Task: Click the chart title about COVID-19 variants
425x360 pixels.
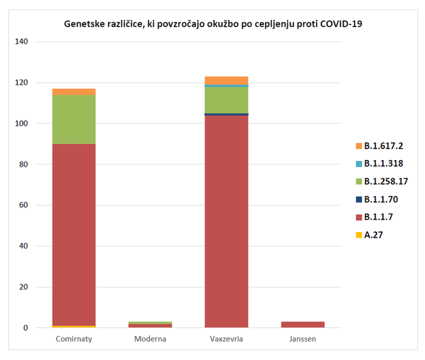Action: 212,24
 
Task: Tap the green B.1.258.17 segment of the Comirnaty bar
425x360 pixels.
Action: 74,119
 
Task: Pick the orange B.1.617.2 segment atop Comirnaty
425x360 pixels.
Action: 74,92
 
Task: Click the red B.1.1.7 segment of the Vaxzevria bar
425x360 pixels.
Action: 226,222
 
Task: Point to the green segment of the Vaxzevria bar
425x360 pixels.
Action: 226,100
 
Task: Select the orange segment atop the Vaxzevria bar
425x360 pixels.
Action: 226,81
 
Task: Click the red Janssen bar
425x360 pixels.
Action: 302,324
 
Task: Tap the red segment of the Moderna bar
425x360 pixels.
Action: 150,326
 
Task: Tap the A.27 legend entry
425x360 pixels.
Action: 373,235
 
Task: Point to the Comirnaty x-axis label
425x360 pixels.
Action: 74,339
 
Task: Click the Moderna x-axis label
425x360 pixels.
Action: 150,339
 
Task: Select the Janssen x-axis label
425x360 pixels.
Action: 302,339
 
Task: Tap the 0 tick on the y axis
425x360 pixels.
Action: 26,328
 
